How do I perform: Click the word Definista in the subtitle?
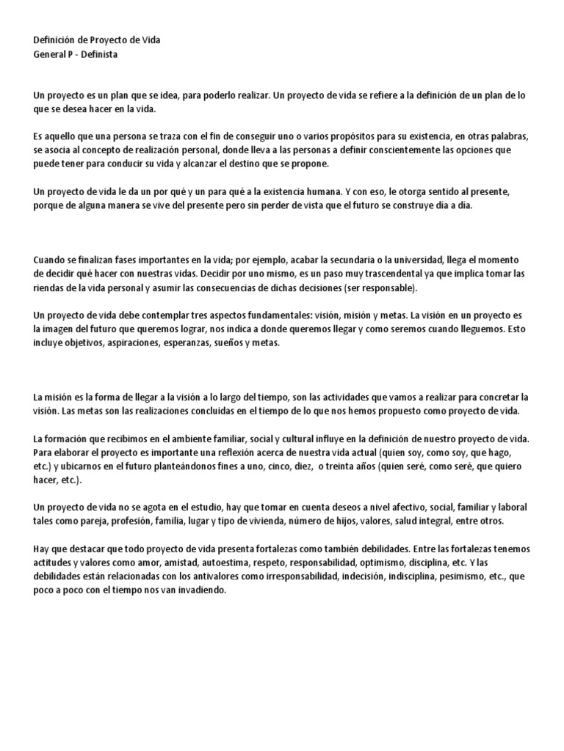point(99,54)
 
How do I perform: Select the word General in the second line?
point(51,54)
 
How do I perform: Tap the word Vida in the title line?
point(149,40)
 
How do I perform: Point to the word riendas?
point(49,287)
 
